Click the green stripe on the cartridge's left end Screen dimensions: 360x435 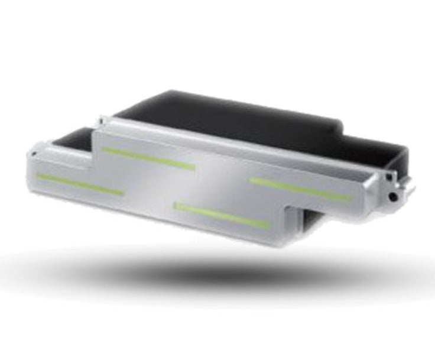(80, 184)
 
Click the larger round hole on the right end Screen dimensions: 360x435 (392, 195)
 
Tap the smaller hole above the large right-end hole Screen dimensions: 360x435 (389, 176)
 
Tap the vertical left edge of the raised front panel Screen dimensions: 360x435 (95, 160)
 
